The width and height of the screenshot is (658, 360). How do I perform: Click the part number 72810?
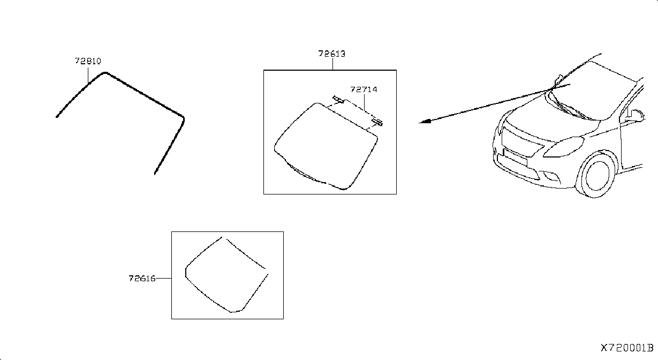pos(88,61)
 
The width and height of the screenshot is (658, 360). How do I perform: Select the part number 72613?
pos(332,54)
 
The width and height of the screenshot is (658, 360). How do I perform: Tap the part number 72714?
pos(364,89)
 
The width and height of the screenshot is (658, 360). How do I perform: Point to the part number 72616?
pos(142,278)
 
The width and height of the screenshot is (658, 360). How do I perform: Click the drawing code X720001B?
pos(627,348)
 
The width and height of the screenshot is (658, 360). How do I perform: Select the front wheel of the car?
pos(597,175)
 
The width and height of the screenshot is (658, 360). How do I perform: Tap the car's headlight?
pos(564,147)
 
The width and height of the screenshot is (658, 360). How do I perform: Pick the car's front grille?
pos(521,141)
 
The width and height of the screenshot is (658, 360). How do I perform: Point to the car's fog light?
pos(552,177)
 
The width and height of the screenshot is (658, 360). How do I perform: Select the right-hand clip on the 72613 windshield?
pos(377,122)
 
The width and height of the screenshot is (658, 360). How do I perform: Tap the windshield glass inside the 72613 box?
pos(326,146)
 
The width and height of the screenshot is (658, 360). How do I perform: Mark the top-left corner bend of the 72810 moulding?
pos(105,73)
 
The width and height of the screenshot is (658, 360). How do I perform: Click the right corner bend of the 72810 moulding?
pos(183,118)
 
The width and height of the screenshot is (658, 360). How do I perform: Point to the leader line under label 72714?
pos(364,102)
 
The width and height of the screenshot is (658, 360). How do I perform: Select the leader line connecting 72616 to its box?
pos(163,278)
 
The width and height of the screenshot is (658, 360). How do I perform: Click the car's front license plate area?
pos(515,157)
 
